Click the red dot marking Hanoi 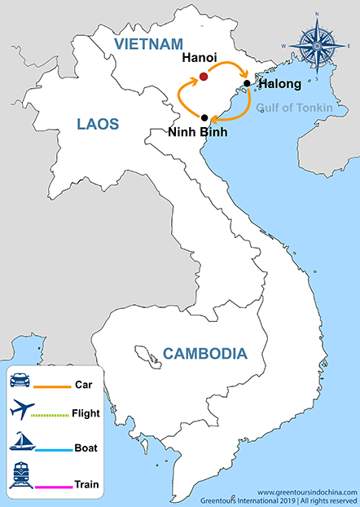[204, 77]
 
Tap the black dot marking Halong [247, 83]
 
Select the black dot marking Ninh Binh [204, 118]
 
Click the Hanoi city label [200, 59]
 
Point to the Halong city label [279, 84]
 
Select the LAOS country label [98, 124]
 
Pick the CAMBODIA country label [204, 354]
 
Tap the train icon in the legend [20, 476]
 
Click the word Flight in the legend [86, 413]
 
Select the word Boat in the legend [85, 448]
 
